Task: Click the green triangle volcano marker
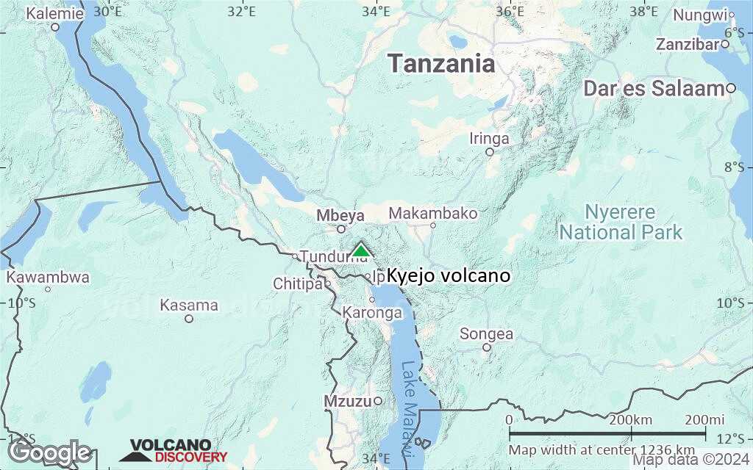pos(360,251)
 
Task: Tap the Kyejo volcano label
pos(448,276)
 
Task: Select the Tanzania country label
pos(441,63)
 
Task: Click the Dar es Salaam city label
pos(654,89)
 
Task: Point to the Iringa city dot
pos(490,152)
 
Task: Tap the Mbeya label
pos(340,216)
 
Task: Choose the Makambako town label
pos(432,214)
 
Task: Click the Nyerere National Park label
pos(621,223)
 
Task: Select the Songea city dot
pos(486,347)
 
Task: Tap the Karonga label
pos(372,313)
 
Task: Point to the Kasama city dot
pos(189,319)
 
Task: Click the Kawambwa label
pos(48,278)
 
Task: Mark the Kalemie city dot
pos(55,27)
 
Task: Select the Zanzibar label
pos(687,44)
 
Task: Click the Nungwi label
pos(699,15)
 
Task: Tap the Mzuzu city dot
pos(378,400)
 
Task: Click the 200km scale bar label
pos(631,419)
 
